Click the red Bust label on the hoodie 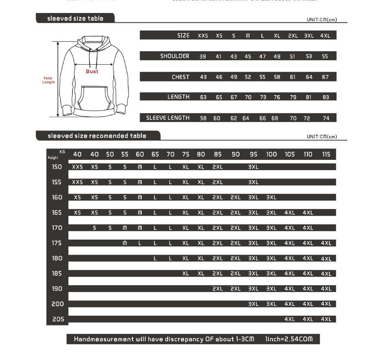[x=92, y=72]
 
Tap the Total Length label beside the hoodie [x=48, y=80]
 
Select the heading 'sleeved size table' [x=75, y=18]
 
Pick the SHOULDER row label [x=175, y=56]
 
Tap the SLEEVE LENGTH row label [x=168, y=118]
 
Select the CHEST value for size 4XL [x=325, y=77]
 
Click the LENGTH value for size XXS [x=203, y=97]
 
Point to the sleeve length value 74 [x=326, y=118]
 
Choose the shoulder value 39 [x=203, y=57]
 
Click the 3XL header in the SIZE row [x=309, y=36]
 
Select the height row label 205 [x=57, y=319]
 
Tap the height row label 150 [x=57, y=167]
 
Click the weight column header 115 [x=326, y=155]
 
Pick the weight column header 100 [x=271, y=155]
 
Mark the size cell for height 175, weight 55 [x=125, y=243]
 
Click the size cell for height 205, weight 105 [x=289, y=319]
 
